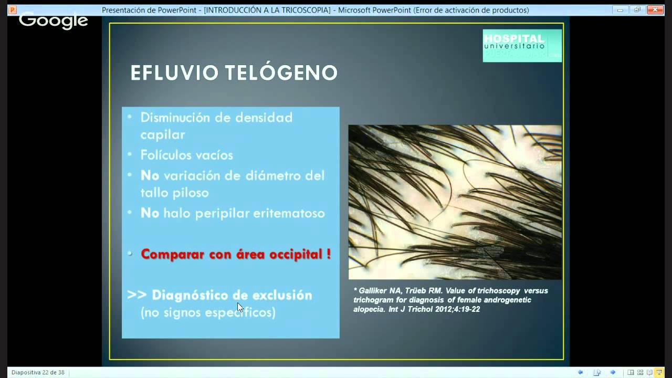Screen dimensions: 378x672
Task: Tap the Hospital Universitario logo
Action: coord(522,45)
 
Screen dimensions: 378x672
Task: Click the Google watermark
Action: coord(53,20)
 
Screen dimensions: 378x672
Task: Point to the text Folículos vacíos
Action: coord(186,155)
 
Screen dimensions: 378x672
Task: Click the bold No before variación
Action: coord(150,175)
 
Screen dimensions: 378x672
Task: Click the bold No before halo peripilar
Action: coord(150,213)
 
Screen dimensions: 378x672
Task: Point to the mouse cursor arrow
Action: coord(240,307)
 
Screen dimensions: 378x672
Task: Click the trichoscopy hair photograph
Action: coord(455,202)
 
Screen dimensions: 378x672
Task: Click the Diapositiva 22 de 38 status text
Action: coord(38,372)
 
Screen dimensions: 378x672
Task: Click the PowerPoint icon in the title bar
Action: coord(13,10)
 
